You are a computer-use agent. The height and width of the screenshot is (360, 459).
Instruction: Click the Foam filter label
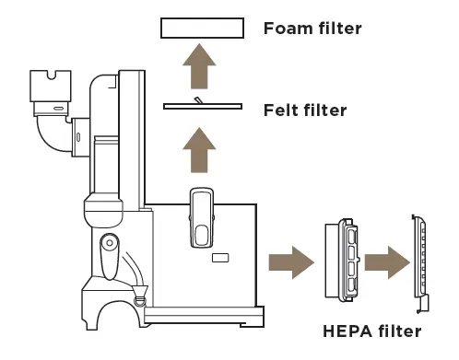(x=312, y=29)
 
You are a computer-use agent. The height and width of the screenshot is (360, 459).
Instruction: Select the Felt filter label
(x=304, y=110)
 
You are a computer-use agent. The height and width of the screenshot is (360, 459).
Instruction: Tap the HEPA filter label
(x=372, y=331)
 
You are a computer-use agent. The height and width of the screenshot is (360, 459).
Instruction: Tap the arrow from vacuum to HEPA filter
(x=288, y=262)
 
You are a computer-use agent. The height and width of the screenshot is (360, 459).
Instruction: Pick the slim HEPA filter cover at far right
(x=421, y=262)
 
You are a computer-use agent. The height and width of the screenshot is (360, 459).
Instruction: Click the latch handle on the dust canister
(x=202, y=218)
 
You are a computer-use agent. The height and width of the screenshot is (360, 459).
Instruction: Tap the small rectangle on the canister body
(x=220, y=259)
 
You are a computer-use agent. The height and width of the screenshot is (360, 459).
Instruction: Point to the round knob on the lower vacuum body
(x=109, y=246)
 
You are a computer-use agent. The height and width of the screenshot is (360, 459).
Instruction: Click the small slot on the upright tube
(x=78, y=138)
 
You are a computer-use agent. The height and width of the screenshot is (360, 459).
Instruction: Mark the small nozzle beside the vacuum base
(x=140, y=296)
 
